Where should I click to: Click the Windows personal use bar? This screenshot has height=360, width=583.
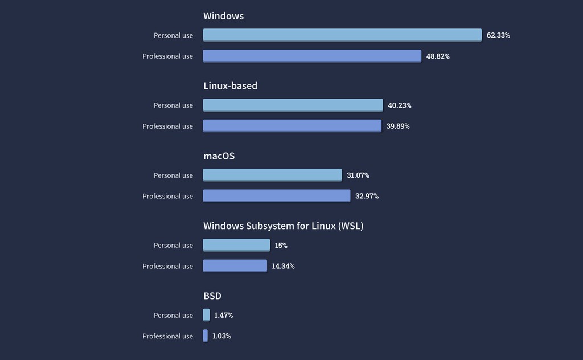(342, 35)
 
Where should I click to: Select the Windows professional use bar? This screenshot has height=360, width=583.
(312, 56)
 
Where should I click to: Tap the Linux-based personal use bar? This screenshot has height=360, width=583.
(293, 105)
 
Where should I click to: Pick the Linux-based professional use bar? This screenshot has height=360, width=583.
(292, 126)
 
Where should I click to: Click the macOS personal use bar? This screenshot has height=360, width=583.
(272, 175)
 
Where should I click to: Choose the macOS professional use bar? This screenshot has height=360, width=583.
(277, 196)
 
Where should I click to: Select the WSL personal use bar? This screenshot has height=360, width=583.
(236, 245)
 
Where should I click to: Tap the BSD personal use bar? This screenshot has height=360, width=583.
(206, 315)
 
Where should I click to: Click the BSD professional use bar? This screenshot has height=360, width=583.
(206, 336)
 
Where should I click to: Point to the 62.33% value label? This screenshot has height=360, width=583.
(498, 35)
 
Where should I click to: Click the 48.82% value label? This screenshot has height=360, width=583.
(438, 56)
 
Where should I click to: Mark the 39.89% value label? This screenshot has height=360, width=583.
(398, 126)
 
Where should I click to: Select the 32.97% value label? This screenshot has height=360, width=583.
(367, 196)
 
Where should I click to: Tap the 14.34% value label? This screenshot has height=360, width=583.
(283, 266)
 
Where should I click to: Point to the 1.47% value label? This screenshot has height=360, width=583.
(223, 316)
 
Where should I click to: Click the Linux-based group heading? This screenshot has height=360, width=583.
(230, 86)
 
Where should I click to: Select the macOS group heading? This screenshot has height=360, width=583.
(219, 156)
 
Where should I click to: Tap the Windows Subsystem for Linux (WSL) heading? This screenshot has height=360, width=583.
(283, 226)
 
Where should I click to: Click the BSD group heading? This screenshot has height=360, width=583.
(212, 296)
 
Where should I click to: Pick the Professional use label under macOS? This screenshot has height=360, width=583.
(167, 196)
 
